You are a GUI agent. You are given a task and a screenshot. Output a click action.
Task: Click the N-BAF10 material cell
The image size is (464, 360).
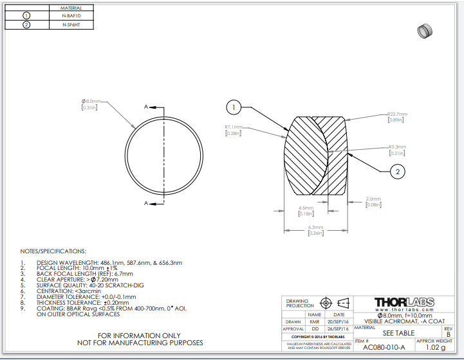click(71, 15)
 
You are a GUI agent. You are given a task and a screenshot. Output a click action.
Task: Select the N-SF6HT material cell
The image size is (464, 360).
click(71, 25)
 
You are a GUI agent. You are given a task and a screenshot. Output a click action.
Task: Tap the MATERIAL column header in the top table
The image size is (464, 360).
click(71, 6)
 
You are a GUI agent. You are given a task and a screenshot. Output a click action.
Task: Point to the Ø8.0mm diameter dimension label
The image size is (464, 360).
click(91, 102)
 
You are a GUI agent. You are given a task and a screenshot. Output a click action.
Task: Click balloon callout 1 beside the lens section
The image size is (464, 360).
click(234, 107)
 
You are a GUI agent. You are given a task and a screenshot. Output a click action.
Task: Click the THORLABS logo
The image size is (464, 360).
click(404, 302)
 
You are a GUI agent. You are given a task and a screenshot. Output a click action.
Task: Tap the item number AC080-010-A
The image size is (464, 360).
click(384, 347)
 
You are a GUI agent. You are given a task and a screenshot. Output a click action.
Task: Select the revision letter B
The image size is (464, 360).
click(449, 334)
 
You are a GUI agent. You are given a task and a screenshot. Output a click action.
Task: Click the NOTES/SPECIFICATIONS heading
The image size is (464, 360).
click(52, 251)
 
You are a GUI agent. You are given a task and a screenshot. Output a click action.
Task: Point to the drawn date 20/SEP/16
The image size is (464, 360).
click(339, 321)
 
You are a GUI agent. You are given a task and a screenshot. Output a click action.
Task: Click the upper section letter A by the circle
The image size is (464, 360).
click(147, 106)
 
